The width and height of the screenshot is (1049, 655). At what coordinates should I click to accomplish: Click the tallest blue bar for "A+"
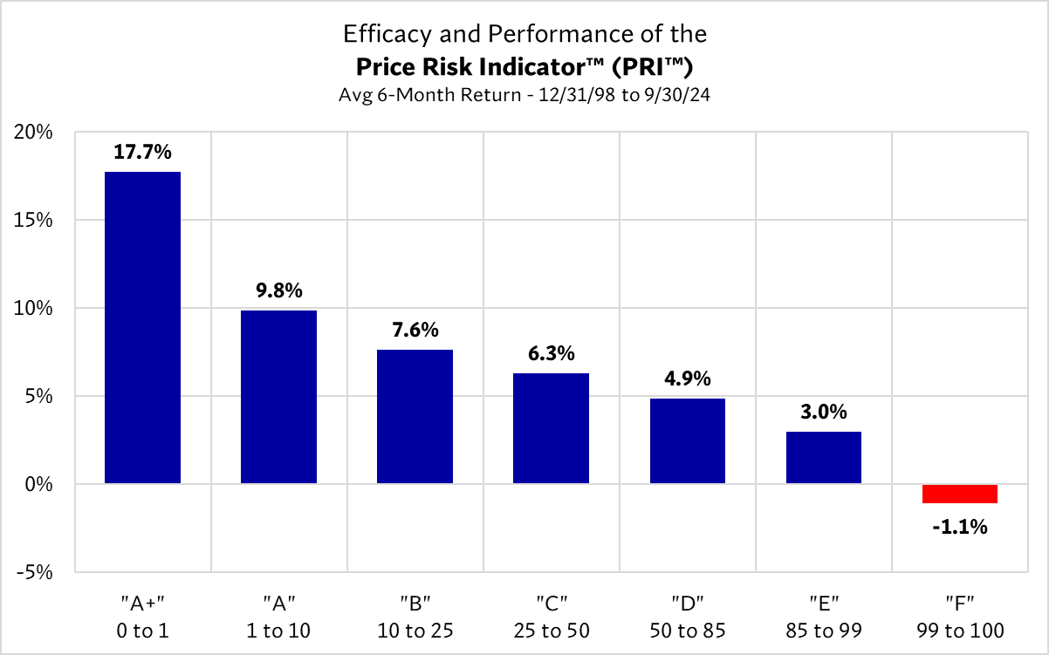tap(142, 327)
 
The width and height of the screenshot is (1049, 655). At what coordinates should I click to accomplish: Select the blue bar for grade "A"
tap(278, 397)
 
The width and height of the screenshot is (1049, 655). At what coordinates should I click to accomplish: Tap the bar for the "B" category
tap(415, 416)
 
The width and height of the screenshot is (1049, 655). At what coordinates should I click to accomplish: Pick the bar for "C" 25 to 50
tap(551, 428)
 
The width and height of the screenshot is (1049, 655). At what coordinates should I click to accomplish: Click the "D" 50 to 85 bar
tap(687, 440)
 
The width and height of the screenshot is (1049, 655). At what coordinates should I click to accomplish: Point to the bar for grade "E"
tap(823, 457)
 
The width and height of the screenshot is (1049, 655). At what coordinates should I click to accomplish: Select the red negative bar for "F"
tap(959, 494)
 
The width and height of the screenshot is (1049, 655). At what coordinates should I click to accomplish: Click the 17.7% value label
tap(142, 152)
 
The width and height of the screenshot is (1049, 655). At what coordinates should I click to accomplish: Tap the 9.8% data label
tap(278, 290)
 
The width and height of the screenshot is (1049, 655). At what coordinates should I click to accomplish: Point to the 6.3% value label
tap(551, 353)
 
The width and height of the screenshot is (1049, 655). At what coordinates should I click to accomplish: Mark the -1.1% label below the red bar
tap(959, 526)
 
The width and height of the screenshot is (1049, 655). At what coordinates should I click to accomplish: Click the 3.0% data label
tap(823, 412)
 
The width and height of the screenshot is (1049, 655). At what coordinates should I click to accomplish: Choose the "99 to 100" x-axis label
tap(959, 630)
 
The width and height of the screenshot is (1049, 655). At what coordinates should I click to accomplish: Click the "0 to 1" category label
tap(142, 630)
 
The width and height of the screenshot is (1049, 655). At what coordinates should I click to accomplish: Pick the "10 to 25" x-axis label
tap(415, 630)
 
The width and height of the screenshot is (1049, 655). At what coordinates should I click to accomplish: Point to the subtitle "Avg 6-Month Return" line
tap(524, 95)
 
